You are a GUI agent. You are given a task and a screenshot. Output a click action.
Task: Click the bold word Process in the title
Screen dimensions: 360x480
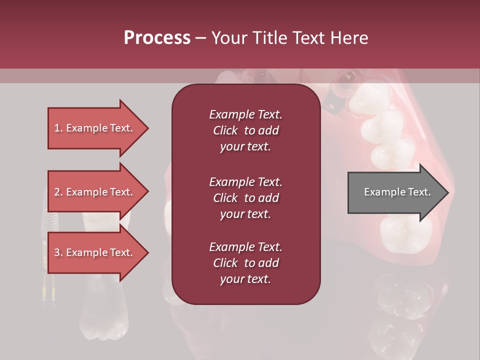point(157,38)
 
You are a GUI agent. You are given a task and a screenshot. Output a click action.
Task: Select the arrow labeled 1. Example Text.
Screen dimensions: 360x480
point(95,128)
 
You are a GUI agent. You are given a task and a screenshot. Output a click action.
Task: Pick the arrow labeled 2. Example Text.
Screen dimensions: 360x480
point(95,192)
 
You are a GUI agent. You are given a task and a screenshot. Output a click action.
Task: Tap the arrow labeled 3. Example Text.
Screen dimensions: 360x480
point(95,252)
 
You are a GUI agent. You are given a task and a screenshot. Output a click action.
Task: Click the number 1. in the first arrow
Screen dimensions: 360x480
point(58,128)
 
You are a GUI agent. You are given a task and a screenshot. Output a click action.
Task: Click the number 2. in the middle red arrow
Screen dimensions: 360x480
point(58,192)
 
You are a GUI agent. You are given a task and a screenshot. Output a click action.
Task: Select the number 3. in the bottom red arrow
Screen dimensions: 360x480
point(58,252)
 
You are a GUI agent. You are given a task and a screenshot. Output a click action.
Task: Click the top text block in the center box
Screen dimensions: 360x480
point(245,130)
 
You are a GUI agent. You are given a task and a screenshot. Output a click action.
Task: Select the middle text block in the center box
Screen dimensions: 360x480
point(245,198)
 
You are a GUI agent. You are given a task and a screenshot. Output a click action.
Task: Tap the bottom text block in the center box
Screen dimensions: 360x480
point(245,263)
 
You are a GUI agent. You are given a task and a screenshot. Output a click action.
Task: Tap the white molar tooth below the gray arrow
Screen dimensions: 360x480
point(405,232)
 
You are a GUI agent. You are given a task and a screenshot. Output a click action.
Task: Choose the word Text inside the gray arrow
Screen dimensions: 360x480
point(418,192)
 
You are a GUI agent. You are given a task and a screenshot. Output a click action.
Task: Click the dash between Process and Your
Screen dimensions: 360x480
point(200,38)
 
